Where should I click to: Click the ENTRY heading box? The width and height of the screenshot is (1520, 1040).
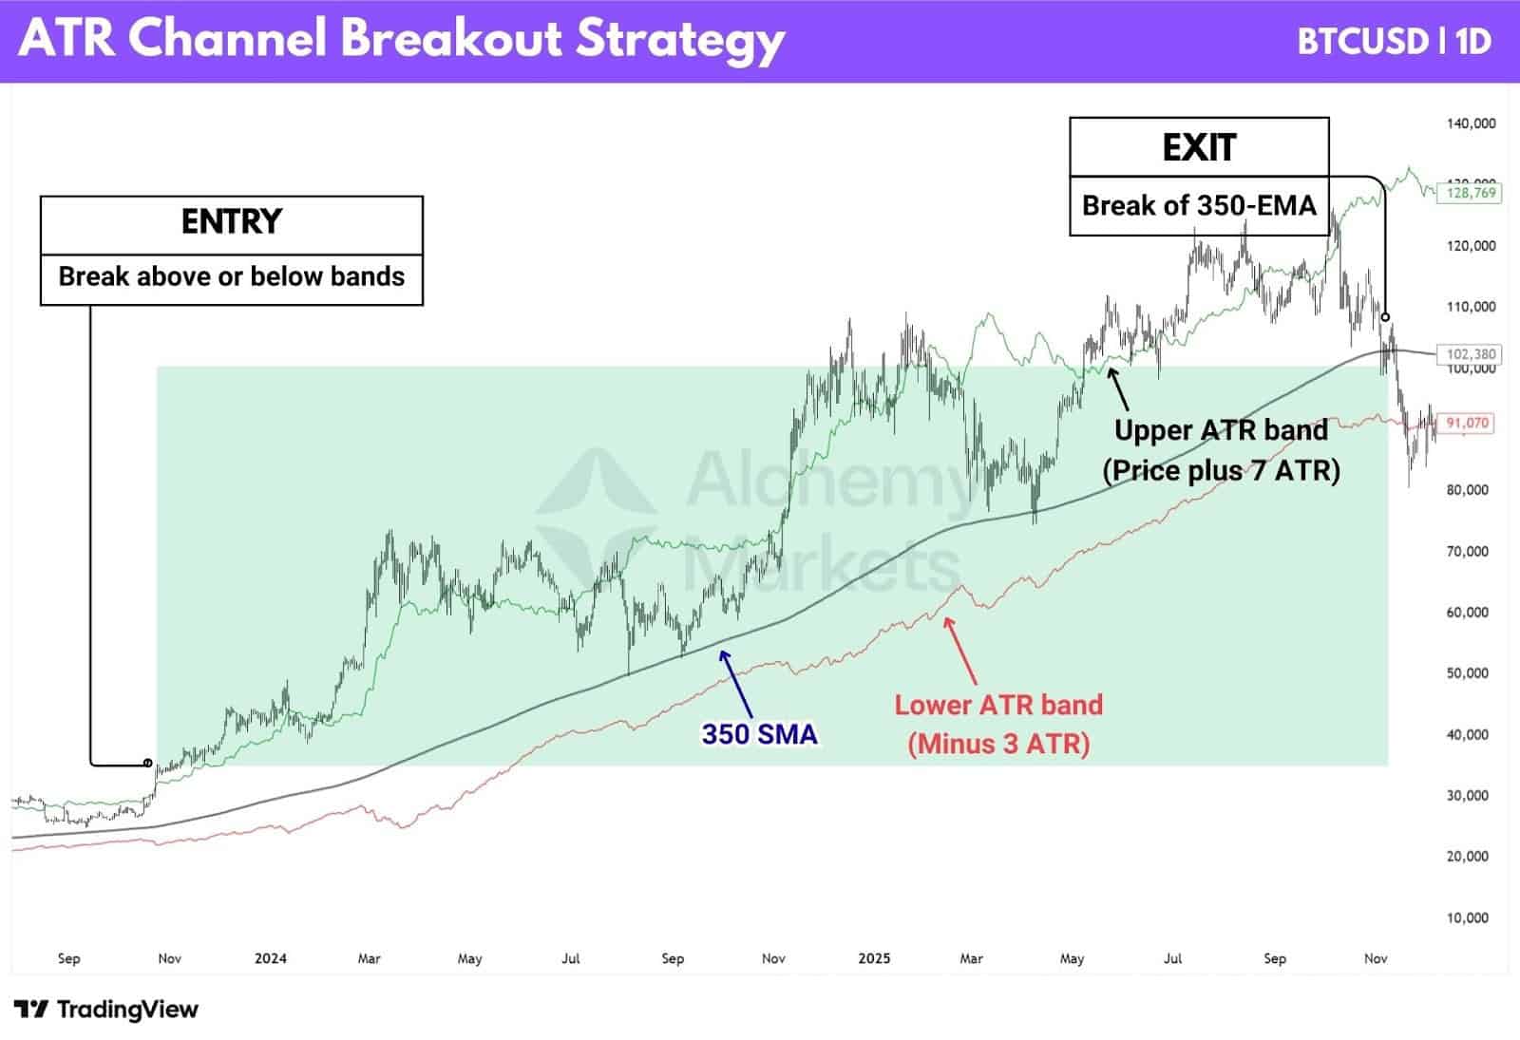pos(231,222)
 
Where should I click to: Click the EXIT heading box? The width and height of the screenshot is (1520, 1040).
pos(1199,147)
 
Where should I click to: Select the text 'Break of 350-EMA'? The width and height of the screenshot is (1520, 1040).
pos(1199,205)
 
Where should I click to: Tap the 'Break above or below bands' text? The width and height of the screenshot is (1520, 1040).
pos(231,276)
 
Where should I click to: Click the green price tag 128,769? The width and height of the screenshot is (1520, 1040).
pos(1471,193)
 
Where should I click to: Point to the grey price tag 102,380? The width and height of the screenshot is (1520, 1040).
pos(1471,354)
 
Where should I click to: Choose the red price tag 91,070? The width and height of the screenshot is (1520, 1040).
pos(1471,423)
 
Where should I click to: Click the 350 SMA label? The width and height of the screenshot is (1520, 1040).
pos(759,733)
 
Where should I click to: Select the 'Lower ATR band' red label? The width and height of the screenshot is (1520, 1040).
pos(998,705)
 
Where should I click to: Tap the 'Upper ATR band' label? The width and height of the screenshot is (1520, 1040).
pos(1221,430)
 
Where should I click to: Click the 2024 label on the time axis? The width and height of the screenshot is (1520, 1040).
pos(270,958)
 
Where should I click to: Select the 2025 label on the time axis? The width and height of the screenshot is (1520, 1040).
pos(873,958)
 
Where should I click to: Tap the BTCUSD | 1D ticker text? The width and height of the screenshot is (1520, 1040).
pos(1394,41)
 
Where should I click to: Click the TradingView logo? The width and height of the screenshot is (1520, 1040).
pos(106,1009)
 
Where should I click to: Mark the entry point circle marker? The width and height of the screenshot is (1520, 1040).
pos(147,763)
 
